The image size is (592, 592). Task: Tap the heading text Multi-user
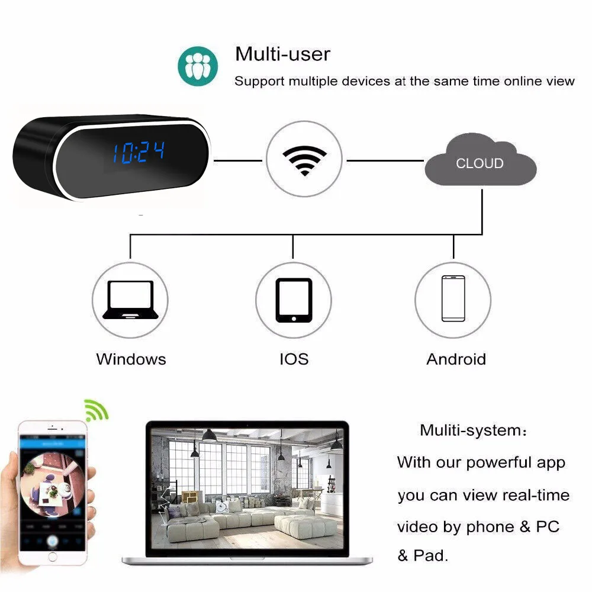coord(282,54)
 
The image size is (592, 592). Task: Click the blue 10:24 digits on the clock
coord(139,153)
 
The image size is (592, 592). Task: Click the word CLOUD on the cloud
coord(480,163)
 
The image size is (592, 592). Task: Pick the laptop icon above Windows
coord(130,300)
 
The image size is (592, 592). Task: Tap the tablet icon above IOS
coord(294,300)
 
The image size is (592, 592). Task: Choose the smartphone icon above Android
coord(453,298)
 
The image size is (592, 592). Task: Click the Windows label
coord(131,359)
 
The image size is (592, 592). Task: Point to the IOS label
coord(294,359)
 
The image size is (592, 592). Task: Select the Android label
coord(456,359)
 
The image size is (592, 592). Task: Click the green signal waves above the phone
coord(95,409)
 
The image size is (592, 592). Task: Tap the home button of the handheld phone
coord(52,556)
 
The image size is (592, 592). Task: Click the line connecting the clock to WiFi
coord(237,160)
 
